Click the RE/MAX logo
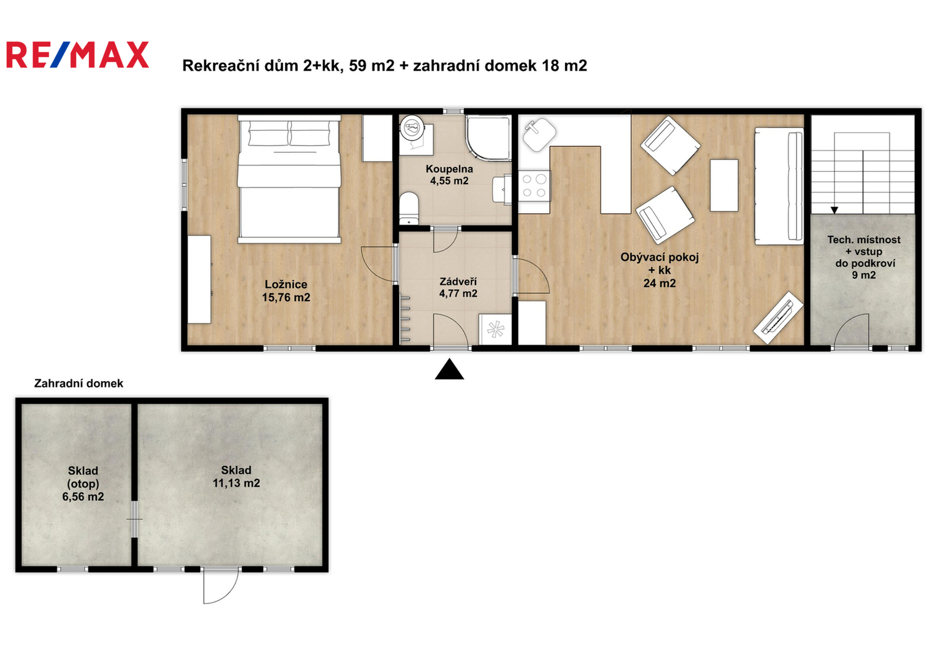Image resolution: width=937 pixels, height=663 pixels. tap(77, 55)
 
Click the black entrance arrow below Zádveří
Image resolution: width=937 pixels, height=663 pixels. tap(449, 369)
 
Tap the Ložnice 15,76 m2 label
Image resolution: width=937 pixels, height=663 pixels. tap(286, 291)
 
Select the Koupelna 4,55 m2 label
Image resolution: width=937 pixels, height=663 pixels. tap(449, 175)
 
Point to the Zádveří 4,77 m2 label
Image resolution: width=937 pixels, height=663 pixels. tap(458, 287)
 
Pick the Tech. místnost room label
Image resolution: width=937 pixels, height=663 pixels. tap(864, 257)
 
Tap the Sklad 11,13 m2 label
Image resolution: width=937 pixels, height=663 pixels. tap(236, 477)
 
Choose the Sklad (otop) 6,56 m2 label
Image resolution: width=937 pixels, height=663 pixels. tap(83, 484)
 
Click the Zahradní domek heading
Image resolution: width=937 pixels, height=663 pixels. tap(79, 384)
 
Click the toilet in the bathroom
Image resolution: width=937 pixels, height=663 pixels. tap(409, 208)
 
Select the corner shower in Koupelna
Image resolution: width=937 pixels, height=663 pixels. tap(488, 138)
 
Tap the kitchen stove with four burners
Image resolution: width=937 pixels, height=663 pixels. tap(534, 186)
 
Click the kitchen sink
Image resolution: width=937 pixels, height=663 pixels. tap(539, 134)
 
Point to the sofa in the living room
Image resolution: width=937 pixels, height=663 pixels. tap(779, 186)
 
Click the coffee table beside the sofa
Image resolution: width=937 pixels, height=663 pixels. tap(724, 185)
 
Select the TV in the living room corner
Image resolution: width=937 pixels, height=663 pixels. tap(778, 318)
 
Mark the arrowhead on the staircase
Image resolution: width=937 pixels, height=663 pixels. tap(834, 210)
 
